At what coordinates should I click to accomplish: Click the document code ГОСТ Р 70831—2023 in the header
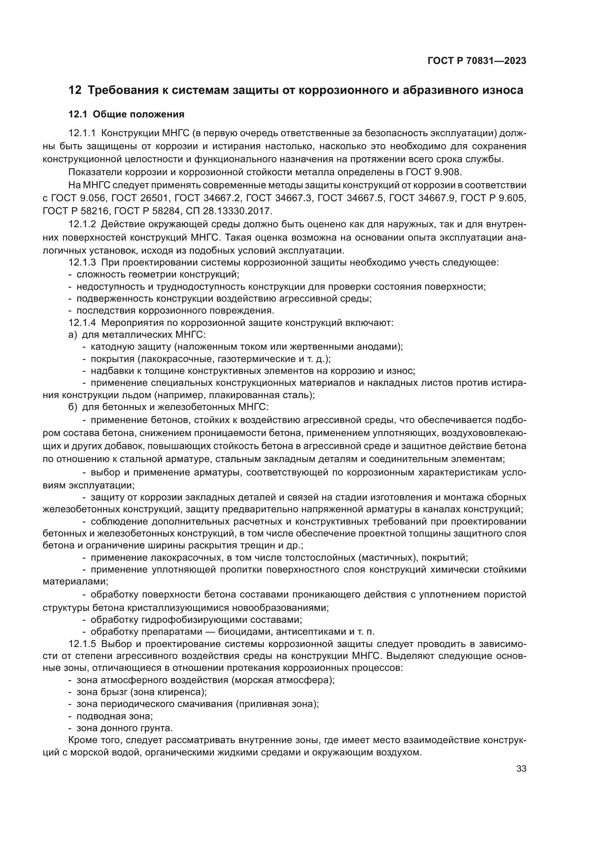coord(477,61)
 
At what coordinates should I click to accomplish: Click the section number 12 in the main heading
coord(75,90)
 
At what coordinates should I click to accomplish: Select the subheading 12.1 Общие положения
coord(126,115)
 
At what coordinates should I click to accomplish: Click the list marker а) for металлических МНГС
coord(73,335)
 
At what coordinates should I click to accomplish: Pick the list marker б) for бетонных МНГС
coord(73,407)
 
